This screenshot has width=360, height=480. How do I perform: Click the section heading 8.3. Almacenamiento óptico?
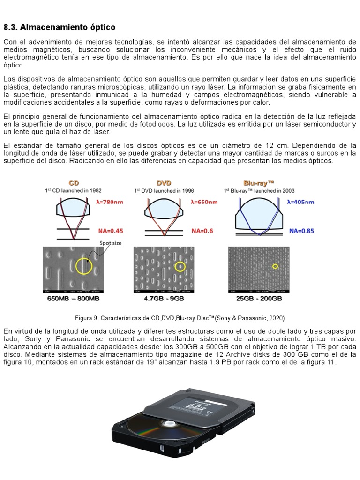click(x=60, y=27)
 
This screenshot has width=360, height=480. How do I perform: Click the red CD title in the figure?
click(x=74, y=183)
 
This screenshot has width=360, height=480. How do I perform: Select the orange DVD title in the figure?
click(x=164, y=183)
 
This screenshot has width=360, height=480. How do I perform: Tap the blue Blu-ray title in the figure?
click(x=259, y=183)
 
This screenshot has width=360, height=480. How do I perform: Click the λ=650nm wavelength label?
click(x=204, y=202)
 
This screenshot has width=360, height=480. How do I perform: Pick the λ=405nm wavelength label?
click(x=301, y=202)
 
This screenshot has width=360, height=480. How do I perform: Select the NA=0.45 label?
click(x=111, y=231)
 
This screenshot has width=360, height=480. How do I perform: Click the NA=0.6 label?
click(x=202, y=231)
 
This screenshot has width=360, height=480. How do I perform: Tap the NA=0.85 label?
click(x=301, y=231)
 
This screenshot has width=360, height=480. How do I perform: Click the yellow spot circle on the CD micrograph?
click(x=84, y=266)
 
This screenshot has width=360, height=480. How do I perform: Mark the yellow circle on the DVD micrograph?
click(x=180, y=267)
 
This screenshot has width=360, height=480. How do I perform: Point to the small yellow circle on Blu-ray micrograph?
click(x=276, y=266)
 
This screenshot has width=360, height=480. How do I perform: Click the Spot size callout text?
click(x=111, y=243)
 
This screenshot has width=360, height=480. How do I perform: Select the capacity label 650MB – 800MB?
click(x=73, y=298)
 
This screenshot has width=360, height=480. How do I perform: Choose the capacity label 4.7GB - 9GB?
click(x=164, y=298)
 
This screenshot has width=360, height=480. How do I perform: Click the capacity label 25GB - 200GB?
click(x=258, y=298)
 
